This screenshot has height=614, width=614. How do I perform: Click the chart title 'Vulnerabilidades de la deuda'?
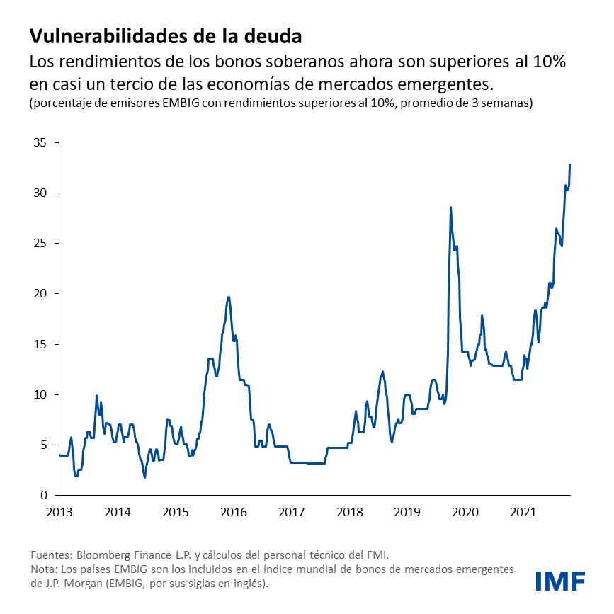tap(166, 35)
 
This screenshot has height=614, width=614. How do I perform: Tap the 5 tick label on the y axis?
tap(42, 445)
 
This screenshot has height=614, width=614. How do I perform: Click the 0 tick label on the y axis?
tap(42, 495)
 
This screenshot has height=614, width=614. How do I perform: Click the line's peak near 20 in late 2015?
tap(228, 297)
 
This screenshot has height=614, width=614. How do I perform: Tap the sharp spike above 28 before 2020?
tap(450, 207)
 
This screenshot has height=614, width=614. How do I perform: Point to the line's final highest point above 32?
tap(570, 165)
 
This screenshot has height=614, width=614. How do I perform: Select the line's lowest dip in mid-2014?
tap(144, 477)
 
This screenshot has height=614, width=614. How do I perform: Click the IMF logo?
tap(560, 581)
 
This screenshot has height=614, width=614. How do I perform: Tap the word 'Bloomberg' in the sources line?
tap(101, 555)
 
